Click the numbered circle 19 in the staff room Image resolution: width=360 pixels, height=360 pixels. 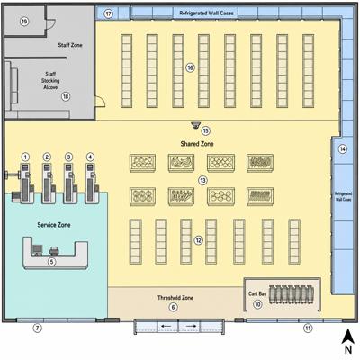point(24,22)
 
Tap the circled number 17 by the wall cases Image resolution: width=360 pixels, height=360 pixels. point(109,13)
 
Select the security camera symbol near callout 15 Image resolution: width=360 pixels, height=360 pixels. point(196,125)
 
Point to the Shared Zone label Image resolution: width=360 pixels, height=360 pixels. point(197,144)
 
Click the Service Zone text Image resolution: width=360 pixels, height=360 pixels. point(54,225)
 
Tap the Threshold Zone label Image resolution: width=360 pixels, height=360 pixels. point(175,298)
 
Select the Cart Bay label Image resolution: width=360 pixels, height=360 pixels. point(257,293)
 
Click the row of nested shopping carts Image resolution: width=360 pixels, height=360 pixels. point(292,294)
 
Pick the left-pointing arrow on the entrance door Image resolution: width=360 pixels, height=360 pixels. point(166,326)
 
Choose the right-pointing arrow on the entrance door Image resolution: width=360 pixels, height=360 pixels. point(191,326)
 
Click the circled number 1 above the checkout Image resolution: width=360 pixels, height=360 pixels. point(26,157)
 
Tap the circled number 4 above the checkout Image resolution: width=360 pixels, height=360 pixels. point(90,157)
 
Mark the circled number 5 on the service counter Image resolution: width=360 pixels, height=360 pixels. point(52,262)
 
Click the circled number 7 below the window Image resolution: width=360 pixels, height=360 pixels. point(37,328)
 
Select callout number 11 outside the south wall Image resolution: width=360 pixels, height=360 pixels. point(308,328)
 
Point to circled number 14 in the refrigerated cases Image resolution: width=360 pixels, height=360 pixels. point(343,149)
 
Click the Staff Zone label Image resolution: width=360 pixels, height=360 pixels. point(70,45)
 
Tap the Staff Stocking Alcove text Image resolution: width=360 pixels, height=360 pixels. point(50,81)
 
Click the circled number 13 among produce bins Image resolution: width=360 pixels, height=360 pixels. point(203,180)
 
